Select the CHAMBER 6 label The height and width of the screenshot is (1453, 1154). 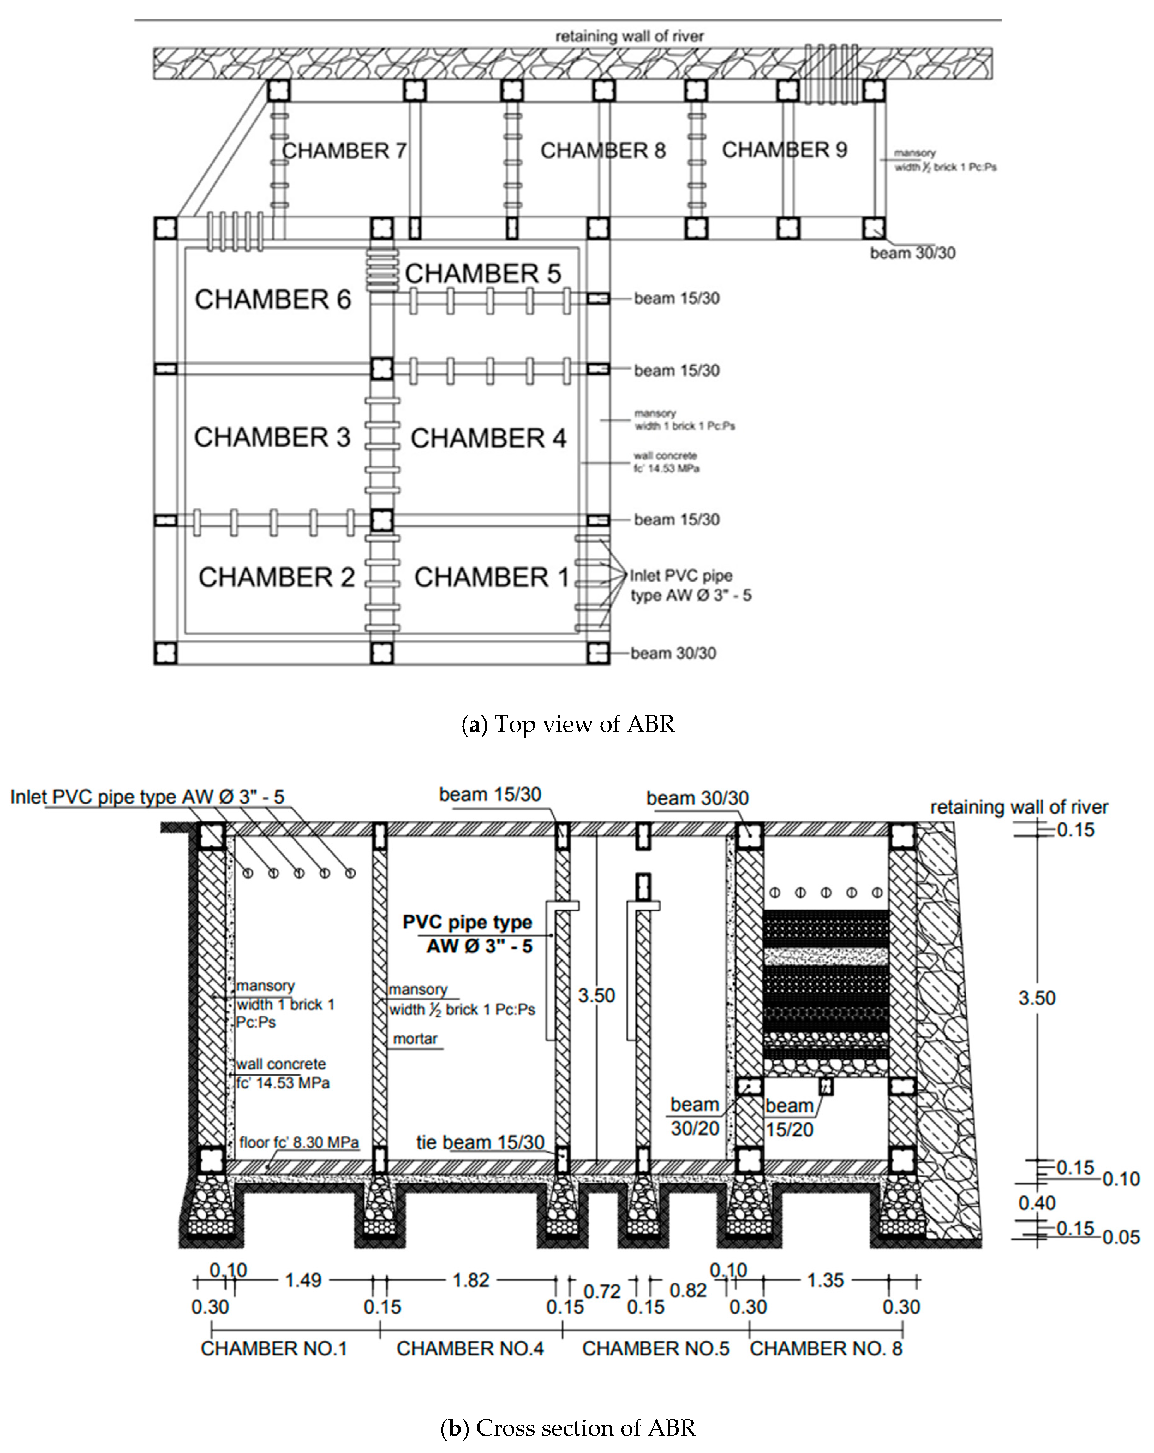(273, 299)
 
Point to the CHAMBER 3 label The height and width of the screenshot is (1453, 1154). (272, 437)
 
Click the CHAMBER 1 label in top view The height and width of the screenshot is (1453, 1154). (491, 578)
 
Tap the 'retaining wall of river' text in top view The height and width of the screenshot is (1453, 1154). (629, 36)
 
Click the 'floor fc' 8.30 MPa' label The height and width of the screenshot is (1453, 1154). (299, 1142)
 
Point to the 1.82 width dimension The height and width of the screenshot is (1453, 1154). (470, 1280)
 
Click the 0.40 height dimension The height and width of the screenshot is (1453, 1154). (1037, 1203)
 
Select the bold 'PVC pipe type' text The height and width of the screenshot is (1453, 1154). (467, 922)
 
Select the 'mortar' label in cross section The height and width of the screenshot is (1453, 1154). (415, 1039)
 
